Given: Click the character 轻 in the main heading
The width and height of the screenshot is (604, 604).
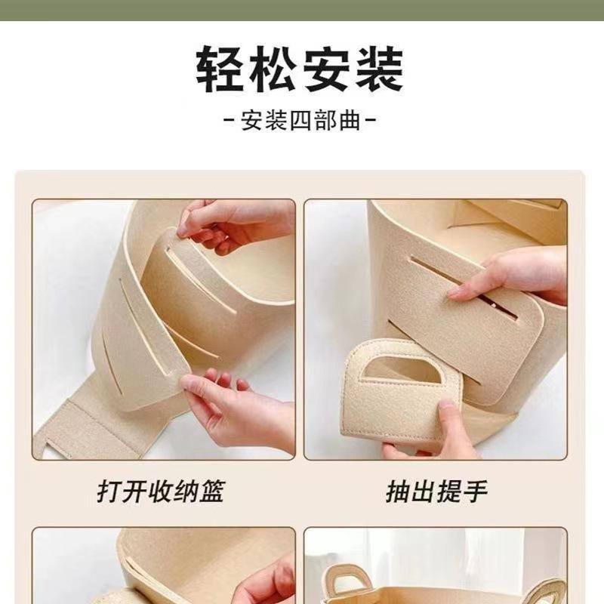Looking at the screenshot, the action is [x=220, y=69].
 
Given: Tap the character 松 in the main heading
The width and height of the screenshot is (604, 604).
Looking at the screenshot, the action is [x=273, y=69].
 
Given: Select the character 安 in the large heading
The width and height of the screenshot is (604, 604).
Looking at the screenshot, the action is [x=326, y=69].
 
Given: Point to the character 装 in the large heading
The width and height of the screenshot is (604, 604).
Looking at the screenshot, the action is [x=379, y=69].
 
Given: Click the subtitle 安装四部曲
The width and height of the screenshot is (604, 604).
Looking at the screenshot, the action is [x=300, y=121].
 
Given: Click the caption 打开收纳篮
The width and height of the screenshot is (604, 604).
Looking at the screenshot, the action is [x=161, y=492].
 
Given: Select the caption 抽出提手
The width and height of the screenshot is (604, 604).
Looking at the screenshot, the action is [x=437, y=492].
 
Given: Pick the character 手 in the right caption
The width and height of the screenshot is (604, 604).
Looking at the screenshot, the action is [x=476, y=492].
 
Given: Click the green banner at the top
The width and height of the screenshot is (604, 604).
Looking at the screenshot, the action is [x=302, y=10].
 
